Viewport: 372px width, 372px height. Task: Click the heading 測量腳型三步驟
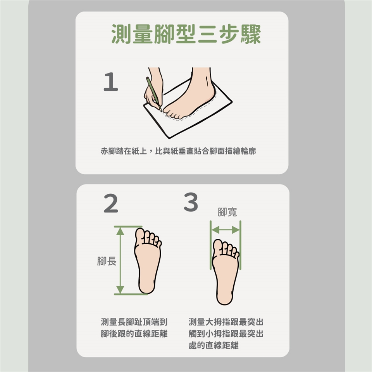[186, 34]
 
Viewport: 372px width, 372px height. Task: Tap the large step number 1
[111, 82]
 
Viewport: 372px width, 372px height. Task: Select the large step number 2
[111, 203]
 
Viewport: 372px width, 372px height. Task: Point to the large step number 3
[191, 202]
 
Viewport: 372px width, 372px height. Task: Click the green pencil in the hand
[154, 94]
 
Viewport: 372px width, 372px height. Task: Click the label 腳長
[107, 261]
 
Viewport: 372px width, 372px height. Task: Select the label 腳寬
[227, 212]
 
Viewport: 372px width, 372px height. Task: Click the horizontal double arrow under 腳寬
[226, 230]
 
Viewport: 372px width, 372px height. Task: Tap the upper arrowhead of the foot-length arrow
[121, 231]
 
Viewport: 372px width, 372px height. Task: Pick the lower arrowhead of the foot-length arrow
[121, 290]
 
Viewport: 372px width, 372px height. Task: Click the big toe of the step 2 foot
[140, 236]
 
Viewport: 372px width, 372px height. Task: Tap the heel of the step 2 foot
[147, 286]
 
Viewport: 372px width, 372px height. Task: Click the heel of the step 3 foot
[224, 297]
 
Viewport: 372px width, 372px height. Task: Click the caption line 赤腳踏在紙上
[124, 151]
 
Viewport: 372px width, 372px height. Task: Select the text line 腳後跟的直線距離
[134, 334]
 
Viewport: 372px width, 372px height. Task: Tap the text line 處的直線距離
[214, 345]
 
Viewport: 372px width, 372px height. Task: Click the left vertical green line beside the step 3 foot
[210, 245]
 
